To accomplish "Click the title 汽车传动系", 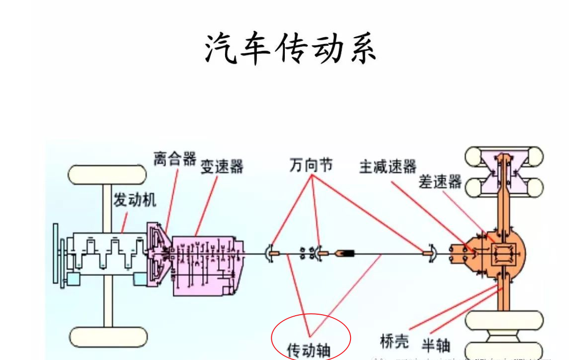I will pyautogui.click(x=291, y=49).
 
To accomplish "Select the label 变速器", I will pyautogui.click(x=222, y=166).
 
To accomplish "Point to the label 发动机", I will pyautogui.click(x=135, y=200).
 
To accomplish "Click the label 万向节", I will pyautogui.click(x=311, y=165).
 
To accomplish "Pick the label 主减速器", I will pyautogui.click(x=388, y=166).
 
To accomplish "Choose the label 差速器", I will pyautogui.click(x=441, y=182).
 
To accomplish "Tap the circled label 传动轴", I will pyautogui.click(x=309, y=350).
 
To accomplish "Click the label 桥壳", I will pyautogui.click(x=394, y=341).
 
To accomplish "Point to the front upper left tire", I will pyautogui.click(x=107, y=174).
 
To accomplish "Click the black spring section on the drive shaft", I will pyautogui.click(x=347, y=253).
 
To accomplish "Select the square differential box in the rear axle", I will pyautogui.click(x=499, y=254).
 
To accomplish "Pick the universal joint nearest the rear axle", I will pyautogui.click(x=431, y=253).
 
